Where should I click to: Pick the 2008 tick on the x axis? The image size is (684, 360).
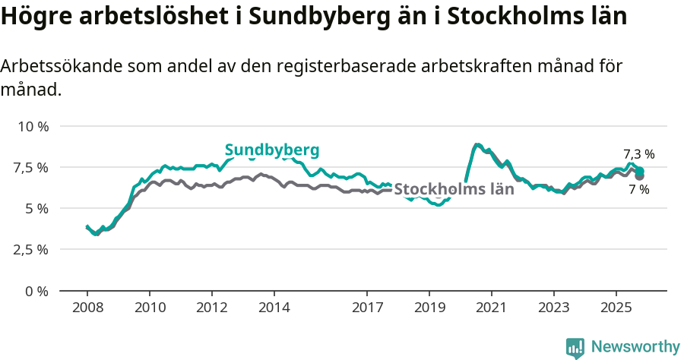(87, 308)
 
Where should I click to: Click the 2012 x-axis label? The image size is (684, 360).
(211, 308)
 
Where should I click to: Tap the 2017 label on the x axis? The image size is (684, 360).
(367, 308)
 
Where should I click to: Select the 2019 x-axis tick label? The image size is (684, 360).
(429, 308)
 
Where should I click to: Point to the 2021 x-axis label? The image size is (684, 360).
(492, 308)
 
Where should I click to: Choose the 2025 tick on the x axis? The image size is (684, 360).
(616, 308)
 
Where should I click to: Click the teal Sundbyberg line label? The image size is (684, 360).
(272, 150)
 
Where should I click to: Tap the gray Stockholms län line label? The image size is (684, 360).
(454, 189)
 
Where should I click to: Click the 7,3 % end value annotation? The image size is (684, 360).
(638, 154)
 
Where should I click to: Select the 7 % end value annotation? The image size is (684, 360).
(638, 190)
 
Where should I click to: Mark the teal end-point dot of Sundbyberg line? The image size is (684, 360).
(640, 171)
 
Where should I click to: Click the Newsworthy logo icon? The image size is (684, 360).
(575, 347)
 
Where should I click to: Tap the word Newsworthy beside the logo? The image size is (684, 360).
(635, 347)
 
